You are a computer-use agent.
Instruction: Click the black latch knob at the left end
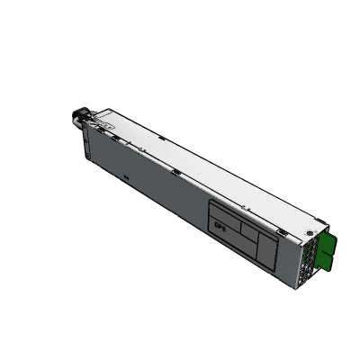[77, 116]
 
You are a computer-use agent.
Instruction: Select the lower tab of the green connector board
[332, 260]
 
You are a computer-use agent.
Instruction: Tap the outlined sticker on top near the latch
[104, 118]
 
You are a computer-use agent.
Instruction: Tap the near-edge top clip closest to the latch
[114, 134]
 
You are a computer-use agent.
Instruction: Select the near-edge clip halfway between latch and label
[176, 172]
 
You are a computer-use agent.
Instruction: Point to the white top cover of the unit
[207, 171]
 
